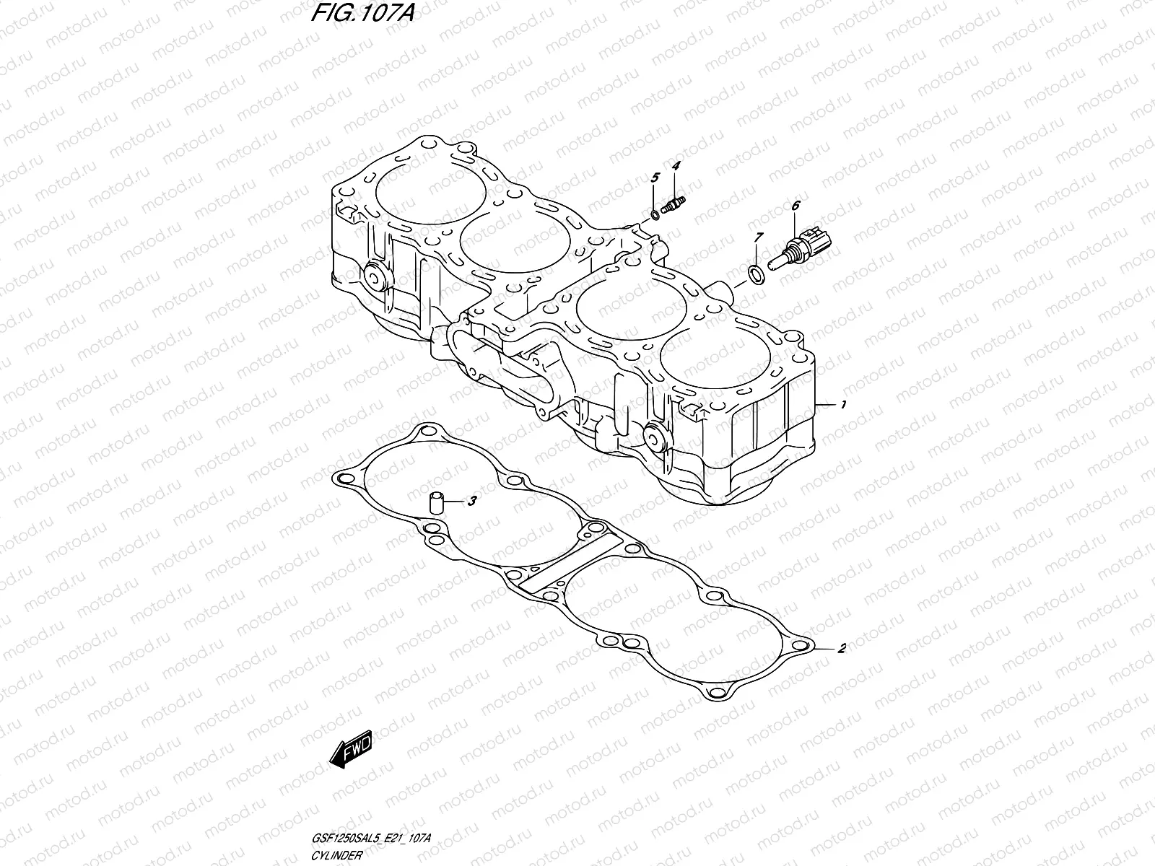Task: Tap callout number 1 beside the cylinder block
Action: coord(842,406)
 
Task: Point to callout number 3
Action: coord(471,500)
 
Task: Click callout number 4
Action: coord(676,167)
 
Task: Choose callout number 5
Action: coord(655,178)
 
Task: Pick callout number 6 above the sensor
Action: coord(796,206)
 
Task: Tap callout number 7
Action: coord(758,237)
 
